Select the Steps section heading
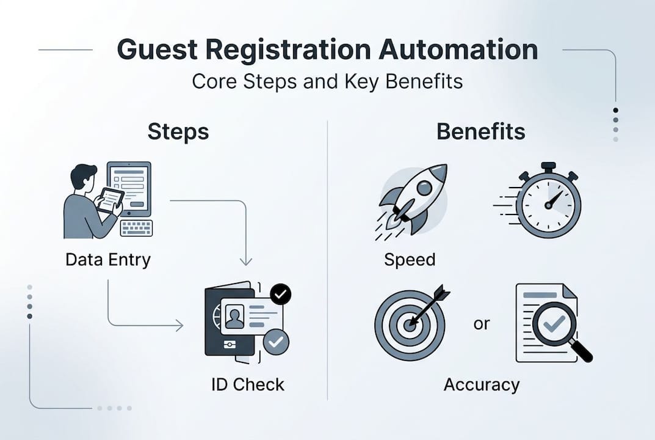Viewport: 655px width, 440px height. pyautogui.click(x=178, y=132)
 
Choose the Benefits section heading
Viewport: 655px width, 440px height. pyautogui.click(x=480, y=132)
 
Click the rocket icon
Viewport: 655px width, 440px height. pyautogui.click(x=412, y=199)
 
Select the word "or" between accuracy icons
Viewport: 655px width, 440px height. pyautogui.click(x=482, y=324)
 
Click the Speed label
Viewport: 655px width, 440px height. pyautogui.click(x=410, y=260)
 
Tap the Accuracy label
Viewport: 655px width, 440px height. pyautogui.click(x=482, y=385)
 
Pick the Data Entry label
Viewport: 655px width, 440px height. pyautogui.click(x=108, y=259)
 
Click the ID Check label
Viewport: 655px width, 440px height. pyautogui.click(x=248, y=385)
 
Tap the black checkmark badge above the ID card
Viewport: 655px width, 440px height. pyautogui.click(x=280, y=295)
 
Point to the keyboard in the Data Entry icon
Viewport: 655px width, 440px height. pyautogui.click(x=136, y=228)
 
